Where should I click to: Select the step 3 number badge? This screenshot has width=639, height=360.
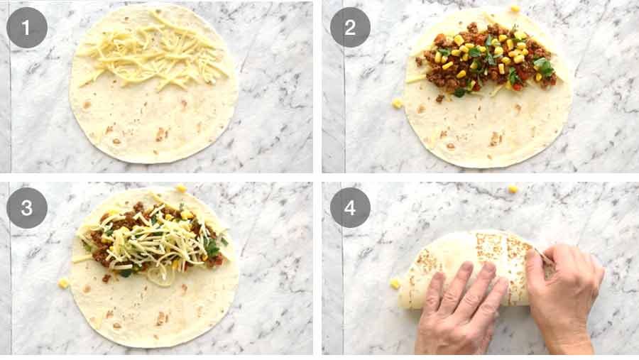pyautogui.click(x=27, y=207)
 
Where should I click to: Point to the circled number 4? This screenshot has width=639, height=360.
pyautogui.click(x=350, y=207)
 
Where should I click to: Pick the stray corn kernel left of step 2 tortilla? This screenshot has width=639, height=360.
pyautogui.click(x=397, y=104)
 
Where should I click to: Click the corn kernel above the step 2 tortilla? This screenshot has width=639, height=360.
pyautogui.click(x=515, y=9)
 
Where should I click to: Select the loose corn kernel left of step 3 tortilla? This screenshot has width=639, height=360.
pyautogui.click(x=64, y=283)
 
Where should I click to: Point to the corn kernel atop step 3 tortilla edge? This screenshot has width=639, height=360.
pyautogui.click(x=181, y=189)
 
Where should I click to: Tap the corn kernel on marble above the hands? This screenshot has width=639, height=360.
pyautogui.click(x=513, y=189)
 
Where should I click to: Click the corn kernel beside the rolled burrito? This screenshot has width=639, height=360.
pyautogui.click(x=395, y=283)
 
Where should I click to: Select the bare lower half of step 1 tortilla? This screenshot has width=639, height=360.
pyautogui.click(x=153, y=128)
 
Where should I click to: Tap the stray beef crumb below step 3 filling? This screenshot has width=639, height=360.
pyautogui.click(x=106, y=278)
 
